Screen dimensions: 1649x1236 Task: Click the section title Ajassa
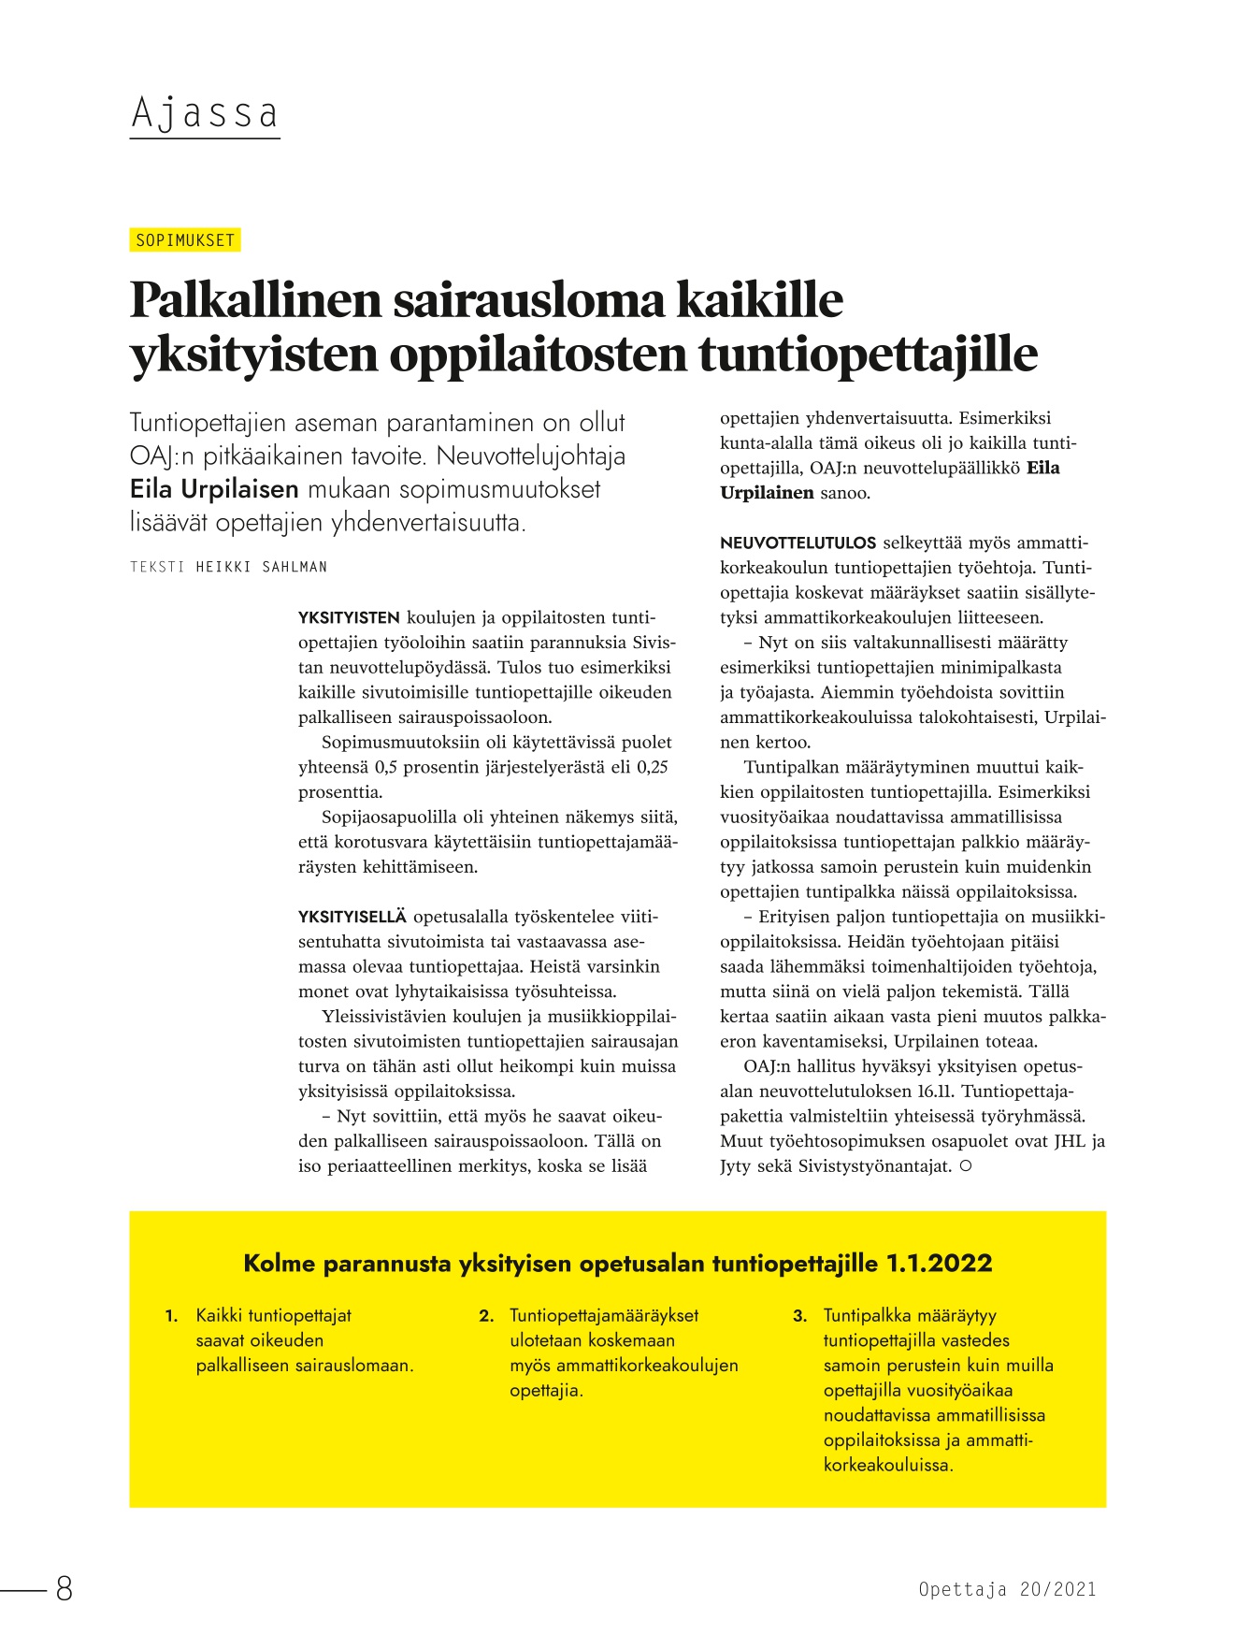(205, 114)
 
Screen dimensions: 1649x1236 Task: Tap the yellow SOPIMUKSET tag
(185, 240)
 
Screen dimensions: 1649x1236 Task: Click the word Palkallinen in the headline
(255, 300)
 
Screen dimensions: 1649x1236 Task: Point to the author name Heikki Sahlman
(261, 567)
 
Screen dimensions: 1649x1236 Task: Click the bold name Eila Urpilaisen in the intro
(214, 489)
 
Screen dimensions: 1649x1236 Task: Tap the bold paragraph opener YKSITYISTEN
(349, 618)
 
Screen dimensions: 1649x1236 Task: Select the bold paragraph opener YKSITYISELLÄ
(352, 917)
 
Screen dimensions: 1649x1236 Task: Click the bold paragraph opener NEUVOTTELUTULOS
(798, 543)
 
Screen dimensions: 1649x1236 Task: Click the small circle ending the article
(966, 1166)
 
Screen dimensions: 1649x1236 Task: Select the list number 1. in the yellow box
(171, 1316)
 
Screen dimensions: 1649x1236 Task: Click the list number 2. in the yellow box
(486, 1316)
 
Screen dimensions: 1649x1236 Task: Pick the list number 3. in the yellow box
(799, 1316)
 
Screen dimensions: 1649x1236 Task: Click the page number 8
(64, 1589)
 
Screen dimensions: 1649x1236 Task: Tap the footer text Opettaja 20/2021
(1006, 1589)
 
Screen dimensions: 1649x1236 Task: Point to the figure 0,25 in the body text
(653, 768)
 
